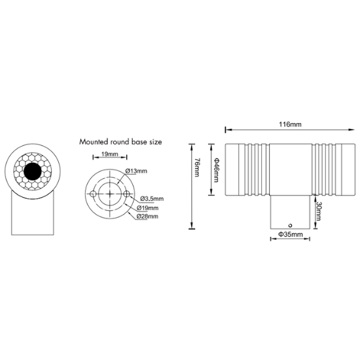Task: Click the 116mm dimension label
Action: point(290,124)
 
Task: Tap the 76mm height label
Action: point(196,167)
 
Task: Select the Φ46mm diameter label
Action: point(216,170)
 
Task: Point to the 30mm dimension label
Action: point(318,211)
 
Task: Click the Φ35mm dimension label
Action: point(291,234)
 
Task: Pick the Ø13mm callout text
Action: point(136,171)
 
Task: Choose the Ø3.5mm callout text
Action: point(152,198)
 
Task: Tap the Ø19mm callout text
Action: point(148,208)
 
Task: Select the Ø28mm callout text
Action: point(147,216)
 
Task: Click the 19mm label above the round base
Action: point(110,154)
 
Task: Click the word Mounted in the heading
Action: point(94,141)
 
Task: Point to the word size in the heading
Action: point(156,142)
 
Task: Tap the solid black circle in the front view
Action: point(33,171)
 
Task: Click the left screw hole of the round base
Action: point(93,194)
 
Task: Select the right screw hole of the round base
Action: point(126,194)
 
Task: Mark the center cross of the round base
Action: point(110,194)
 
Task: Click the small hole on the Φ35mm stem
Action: point(290,225)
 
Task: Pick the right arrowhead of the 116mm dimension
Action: point(352,130)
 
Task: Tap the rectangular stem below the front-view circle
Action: point(33,213)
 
